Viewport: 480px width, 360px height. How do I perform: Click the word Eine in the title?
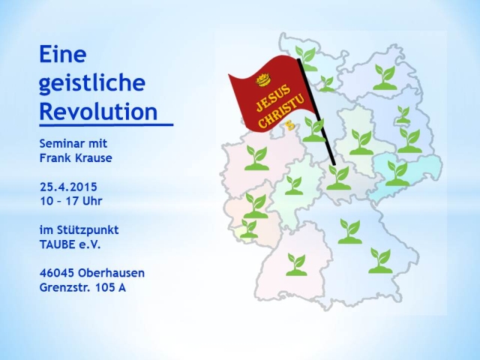[63, 54]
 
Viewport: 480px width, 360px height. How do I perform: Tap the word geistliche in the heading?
[92, 83]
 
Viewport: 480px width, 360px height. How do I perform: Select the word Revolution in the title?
[98, 111]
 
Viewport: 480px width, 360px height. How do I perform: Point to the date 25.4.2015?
[68, 187]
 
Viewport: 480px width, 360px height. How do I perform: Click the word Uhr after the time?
[91, 201]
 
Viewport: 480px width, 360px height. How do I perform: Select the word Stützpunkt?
[88, 230]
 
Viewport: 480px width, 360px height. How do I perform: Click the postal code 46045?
[57, 273]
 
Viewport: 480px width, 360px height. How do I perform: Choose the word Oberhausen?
[112, 273]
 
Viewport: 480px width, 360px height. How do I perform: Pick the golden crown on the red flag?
[263, 80]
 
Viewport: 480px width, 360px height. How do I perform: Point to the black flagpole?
[316, 112]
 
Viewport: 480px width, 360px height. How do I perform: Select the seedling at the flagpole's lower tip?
[338, 178]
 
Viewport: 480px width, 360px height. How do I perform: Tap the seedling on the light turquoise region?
[397, 173]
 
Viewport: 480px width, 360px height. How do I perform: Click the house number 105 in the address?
[104, 288]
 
